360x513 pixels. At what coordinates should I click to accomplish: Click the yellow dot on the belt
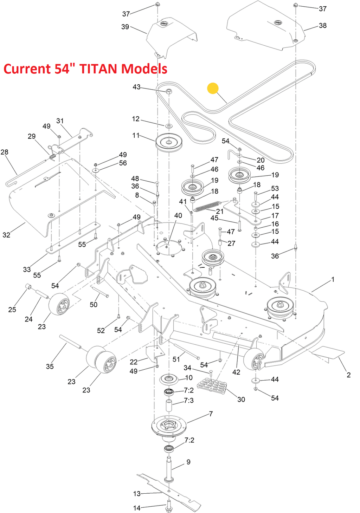tap(213, 88)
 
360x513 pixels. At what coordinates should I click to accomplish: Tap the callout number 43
tap(136, 87)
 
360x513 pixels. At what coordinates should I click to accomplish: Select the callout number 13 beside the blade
tap(137, 494)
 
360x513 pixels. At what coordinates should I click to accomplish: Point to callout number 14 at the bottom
tap(137, 508)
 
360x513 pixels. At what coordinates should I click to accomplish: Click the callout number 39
tap(125, 27)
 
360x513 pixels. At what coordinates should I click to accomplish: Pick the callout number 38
tap(323, 25)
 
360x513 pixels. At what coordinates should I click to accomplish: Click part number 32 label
tap(6, 235)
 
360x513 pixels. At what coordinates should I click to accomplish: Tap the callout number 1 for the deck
tap(333, 279)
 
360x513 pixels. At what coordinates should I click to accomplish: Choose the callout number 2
tap(348, 375)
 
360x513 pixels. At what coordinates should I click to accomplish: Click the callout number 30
tap(241, 400)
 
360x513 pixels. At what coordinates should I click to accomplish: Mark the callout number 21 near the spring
tap(220, 211)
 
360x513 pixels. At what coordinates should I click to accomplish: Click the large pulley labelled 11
tap(169, 143)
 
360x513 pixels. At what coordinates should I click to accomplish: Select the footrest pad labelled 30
tap(212, 385)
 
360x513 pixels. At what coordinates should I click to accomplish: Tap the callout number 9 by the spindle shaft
tap(188, 462)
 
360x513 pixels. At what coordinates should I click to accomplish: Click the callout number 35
tap(50, 366)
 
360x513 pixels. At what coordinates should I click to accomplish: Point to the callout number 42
tap(236, 372)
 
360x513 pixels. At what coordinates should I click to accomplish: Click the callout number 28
tap(4, 152)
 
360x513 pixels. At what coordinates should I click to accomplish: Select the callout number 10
tap(189, 378)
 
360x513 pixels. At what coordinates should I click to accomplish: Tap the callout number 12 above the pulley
tap(136, 119)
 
